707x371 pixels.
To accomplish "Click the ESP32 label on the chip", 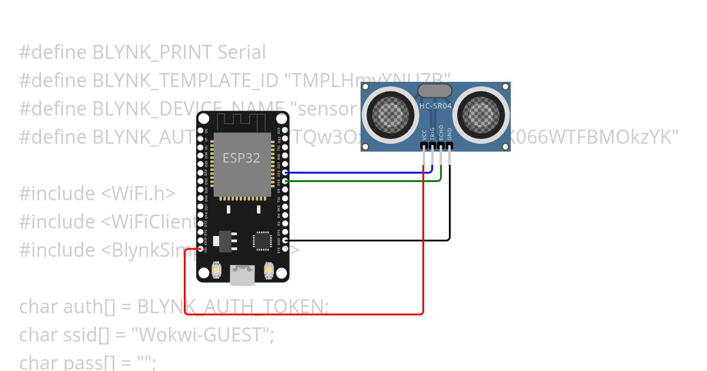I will [x=241, y=158].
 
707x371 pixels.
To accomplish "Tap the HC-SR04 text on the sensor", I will [x=435, y=106].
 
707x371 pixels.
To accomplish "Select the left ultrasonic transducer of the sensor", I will [x=388, y=112].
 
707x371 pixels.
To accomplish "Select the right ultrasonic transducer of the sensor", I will [x=483, y=112].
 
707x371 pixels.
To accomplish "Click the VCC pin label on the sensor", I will [x=424, y=132].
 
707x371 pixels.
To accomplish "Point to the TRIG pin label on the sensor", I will [x=432, y=132].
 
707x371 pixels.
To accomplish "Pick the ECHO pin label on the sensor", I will [x=441, y=132].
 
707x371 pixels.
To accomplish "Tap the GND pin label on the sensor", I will [x=450, y=132].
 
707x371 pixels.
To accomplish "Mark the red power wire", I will [x=306, y=314].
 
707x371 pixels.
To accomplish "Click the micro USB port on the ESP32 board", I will [x=243, y=274].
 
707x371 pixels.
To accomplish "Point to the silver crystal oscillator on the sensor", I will [x=435, y=91].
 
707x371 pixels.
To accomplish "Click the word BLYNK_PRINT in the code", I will [x=152, y=52].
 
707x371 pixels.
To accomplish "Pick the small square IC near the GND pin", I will [x=262, y=241].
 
